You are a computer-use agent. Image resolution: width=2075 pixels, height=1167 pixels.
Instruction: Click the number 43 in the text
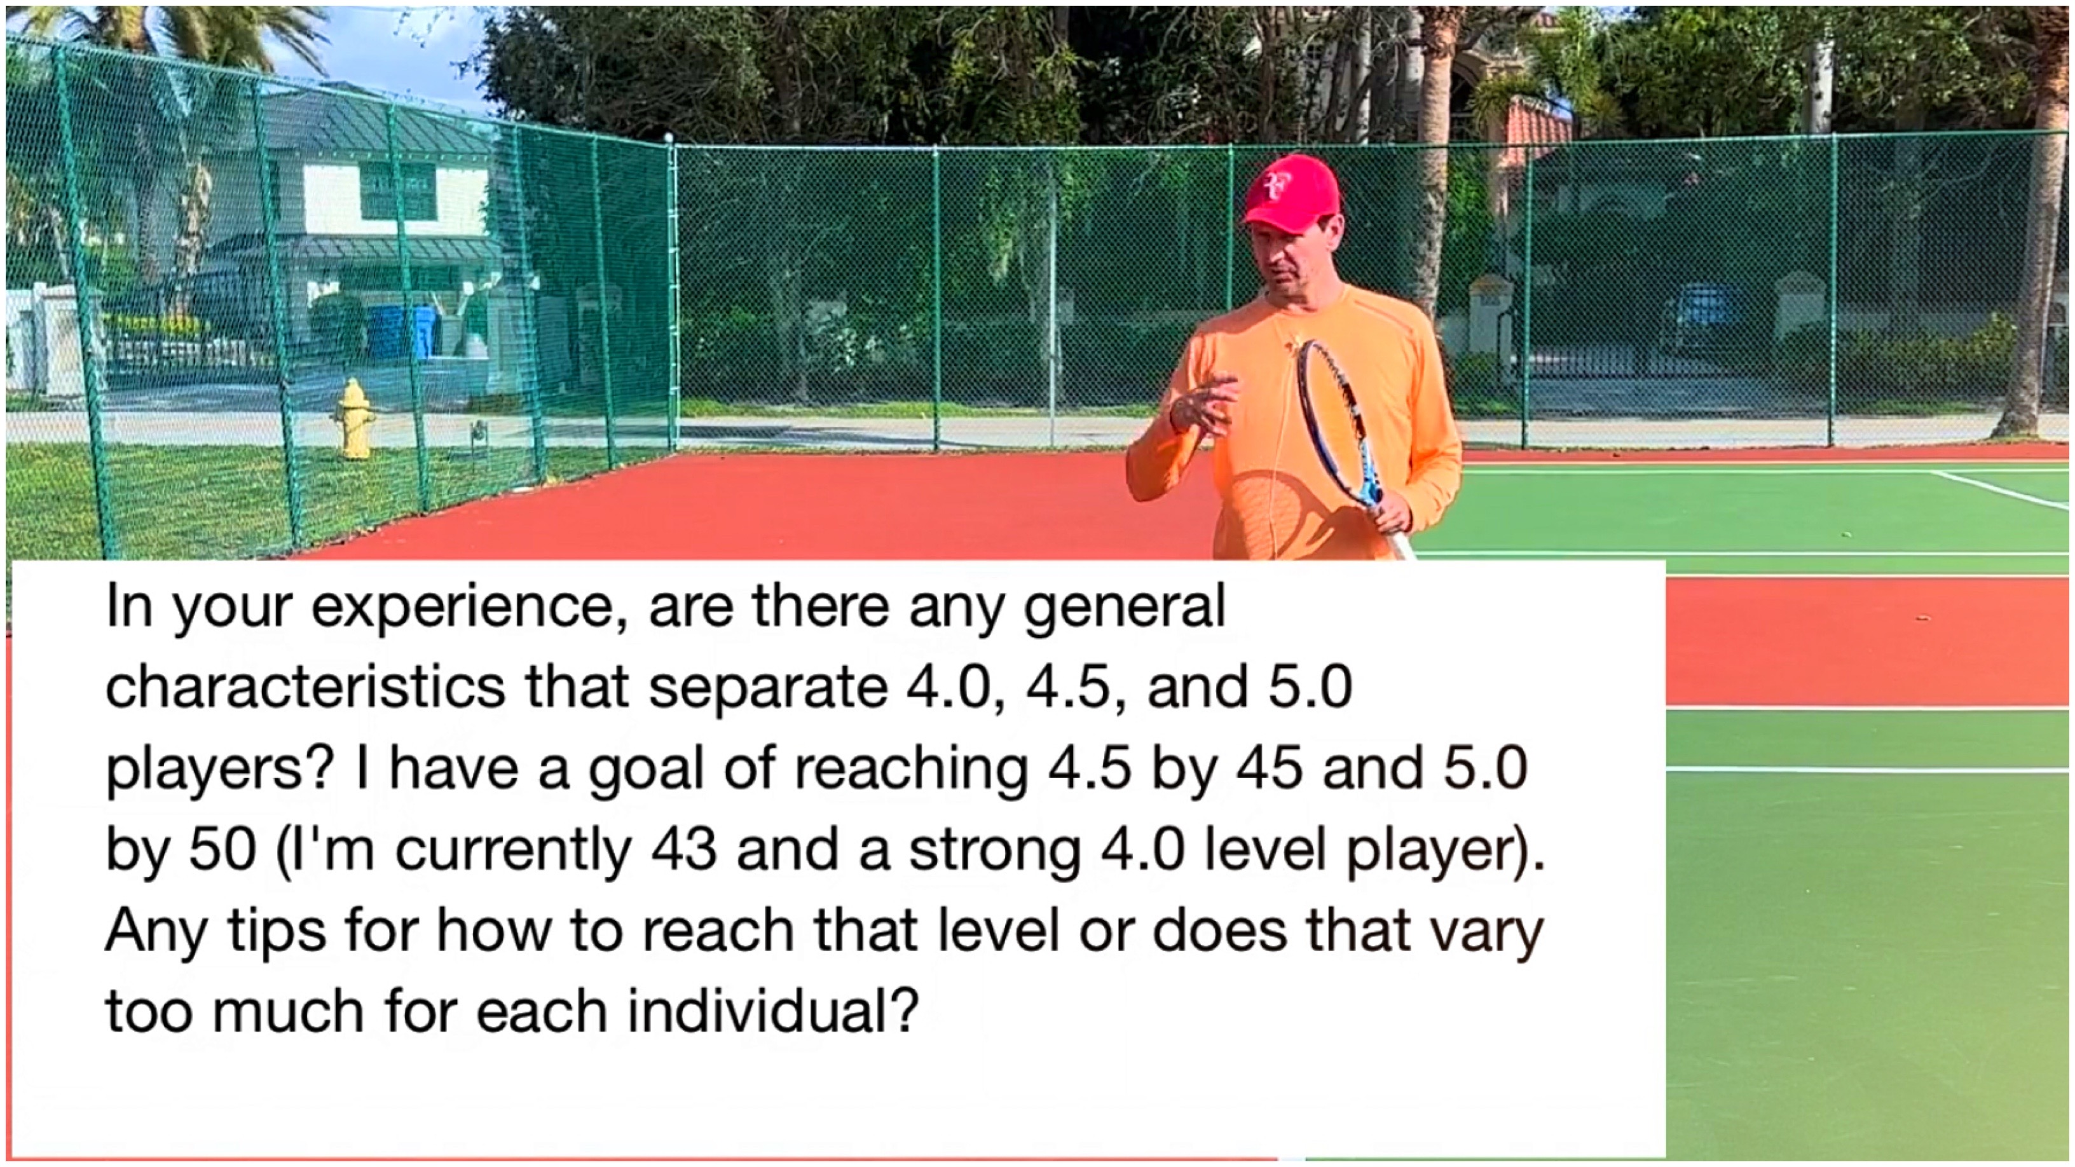tap(684, 849)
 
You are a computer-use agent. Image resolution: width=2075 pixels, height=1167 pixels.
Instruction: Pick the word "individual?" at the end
tap(772, 1010)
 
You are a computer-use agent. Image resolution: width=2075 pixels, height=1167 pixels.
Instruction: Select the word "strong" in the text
tap(996, 849)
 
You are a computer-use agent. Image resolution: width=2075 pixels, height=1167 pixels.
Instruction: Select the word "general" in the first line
tap(1124, 608)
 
